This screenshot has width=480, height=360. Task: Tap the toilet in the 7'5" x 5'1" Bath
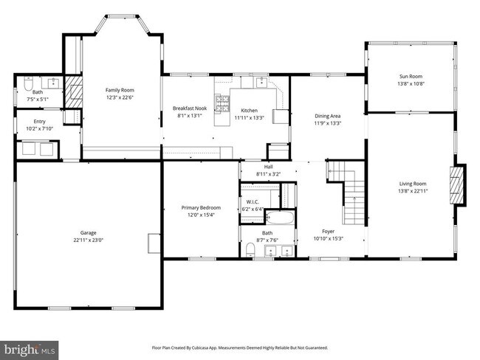(23, 82)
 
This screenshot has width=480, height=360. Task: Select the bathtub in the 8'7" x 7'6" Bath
(279, 218)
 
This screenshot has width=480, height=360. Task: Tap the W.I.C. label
(252, 201)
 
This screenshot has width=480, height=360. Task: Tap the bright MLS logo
(30, 347)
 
